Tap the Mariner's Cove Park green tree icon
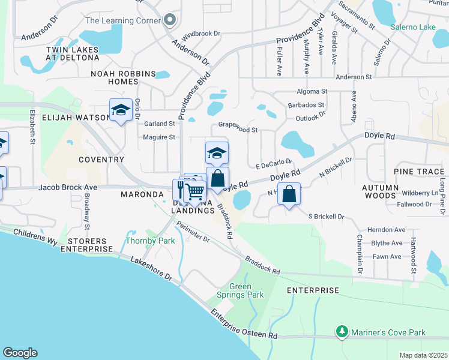(x=342, y=332)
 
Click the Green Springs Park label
(x=247, y=290)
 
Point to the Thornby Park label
(x=149, y=241)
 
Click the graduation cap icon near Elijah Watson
(x=121, y=110)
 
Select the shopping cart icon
(x=194, y=191)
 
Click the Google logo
(x=20, y=353)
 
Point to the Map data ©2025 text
(x=423, y=355)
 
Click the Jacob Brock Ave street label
(x=67, y=187)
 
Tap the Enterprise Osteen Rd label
(x=243, y=324)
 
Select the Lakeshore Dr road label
(x=151, y=269)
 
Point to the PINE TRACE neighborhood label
(x=419, y=172)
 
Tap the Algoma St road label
(x=311, y=92)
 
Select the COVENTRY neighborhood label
(x=101, y=160)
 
